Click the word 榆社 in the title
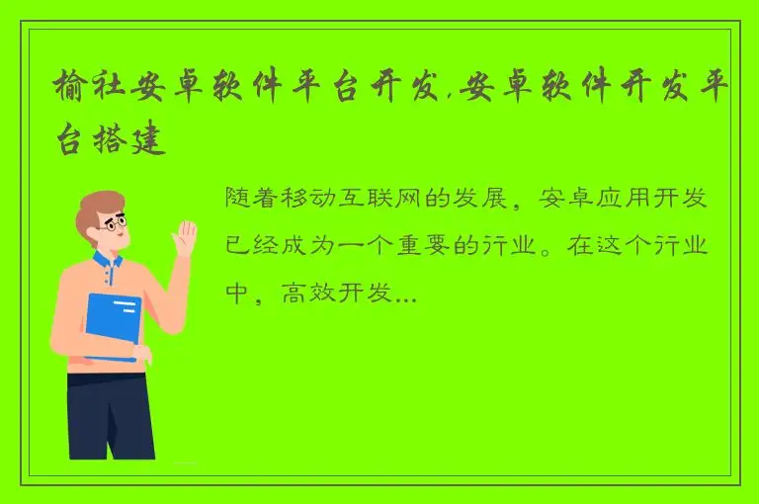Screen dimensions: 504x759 point(86,91)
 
